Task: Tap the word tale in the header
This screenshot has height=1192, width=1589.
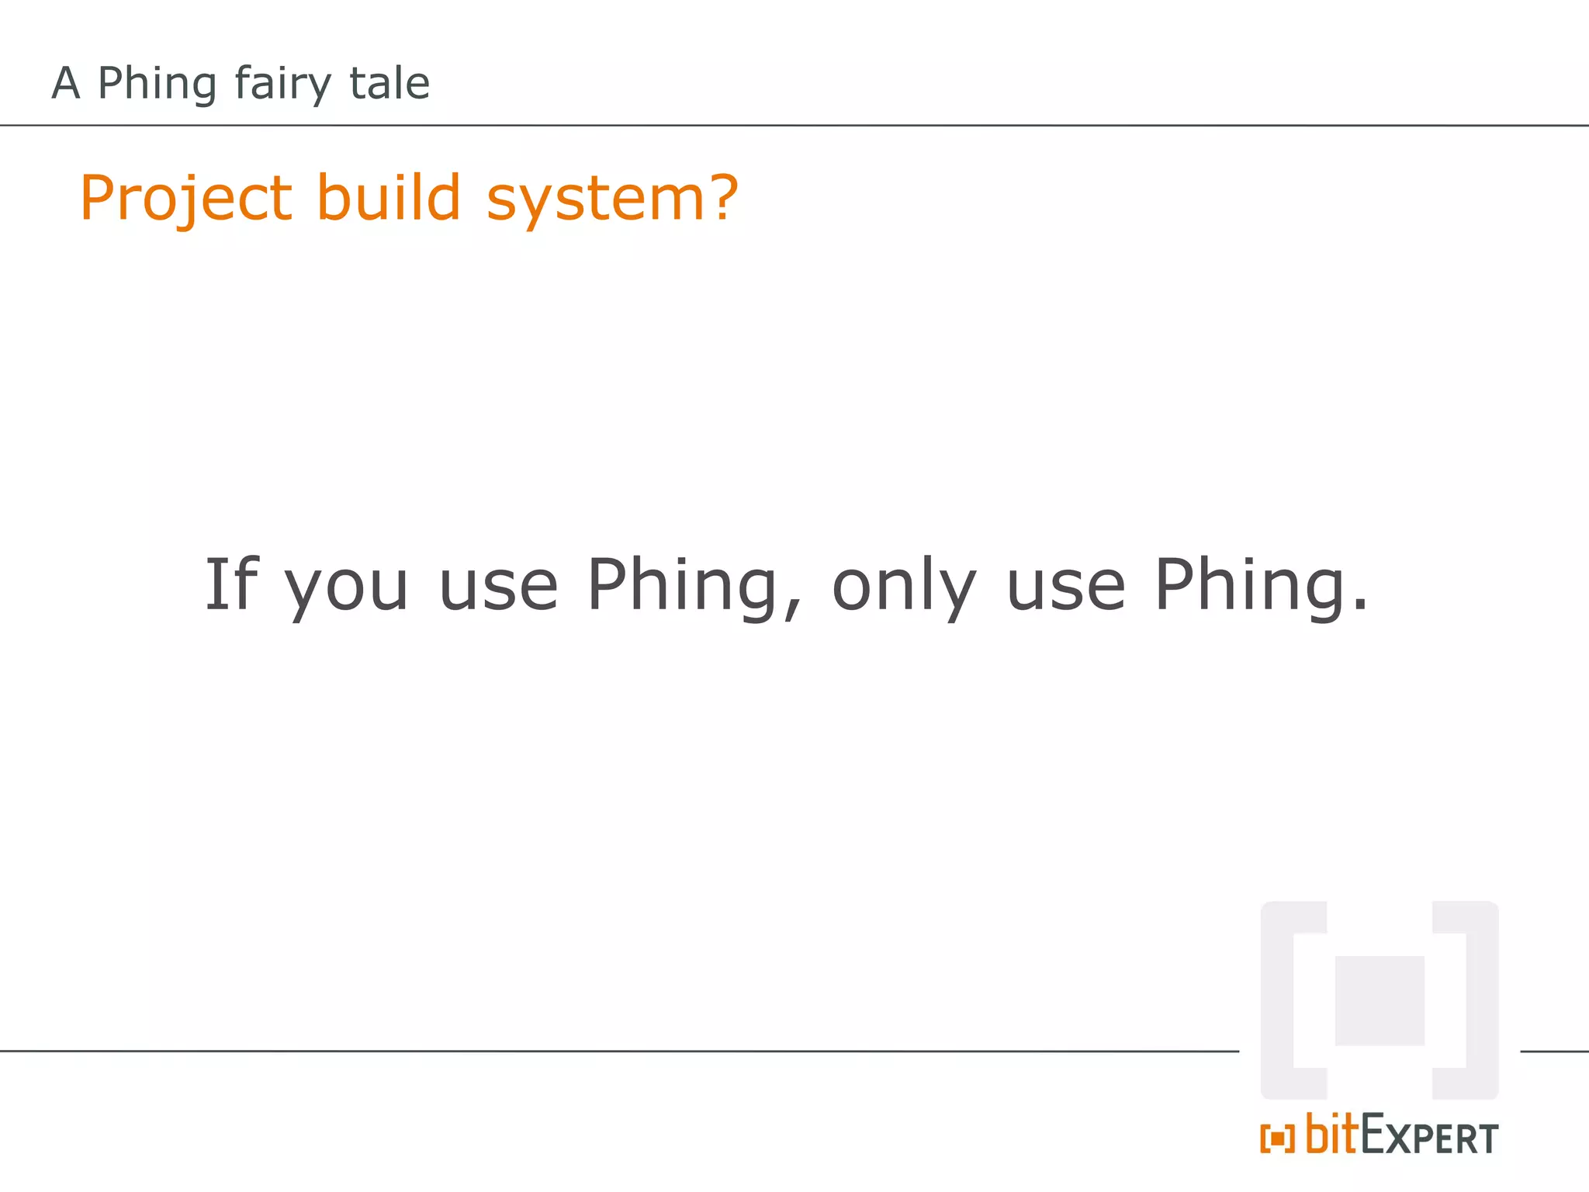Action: coord(389,82)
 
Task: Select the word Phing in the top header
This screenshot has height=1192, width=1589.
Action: coord(157,84)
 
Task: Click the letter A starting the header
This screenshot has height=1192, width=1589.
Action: coord(66,83)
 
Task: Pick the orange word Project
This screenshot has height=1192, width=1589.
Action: coord(186,199)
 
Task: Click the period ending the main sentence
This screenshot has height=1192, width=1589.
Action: coord(1359,606)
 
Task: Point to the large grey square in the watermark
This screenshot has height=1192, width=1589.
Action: coord(1380,1000)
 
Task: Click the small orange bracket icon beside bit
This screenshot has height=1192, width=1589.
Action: coord(1277,1138)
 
